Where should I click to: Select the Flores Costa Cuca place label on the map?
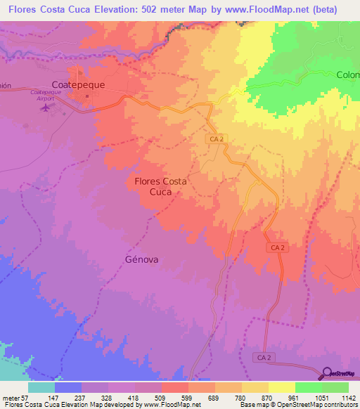[x=160, y=186]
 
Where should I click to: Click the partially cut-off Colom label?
[x=347, y=75]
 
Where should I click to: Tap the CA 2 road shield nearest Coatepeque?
[x=217, y=139]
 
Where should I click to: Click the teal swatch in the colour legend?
[x=41, y=387]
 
